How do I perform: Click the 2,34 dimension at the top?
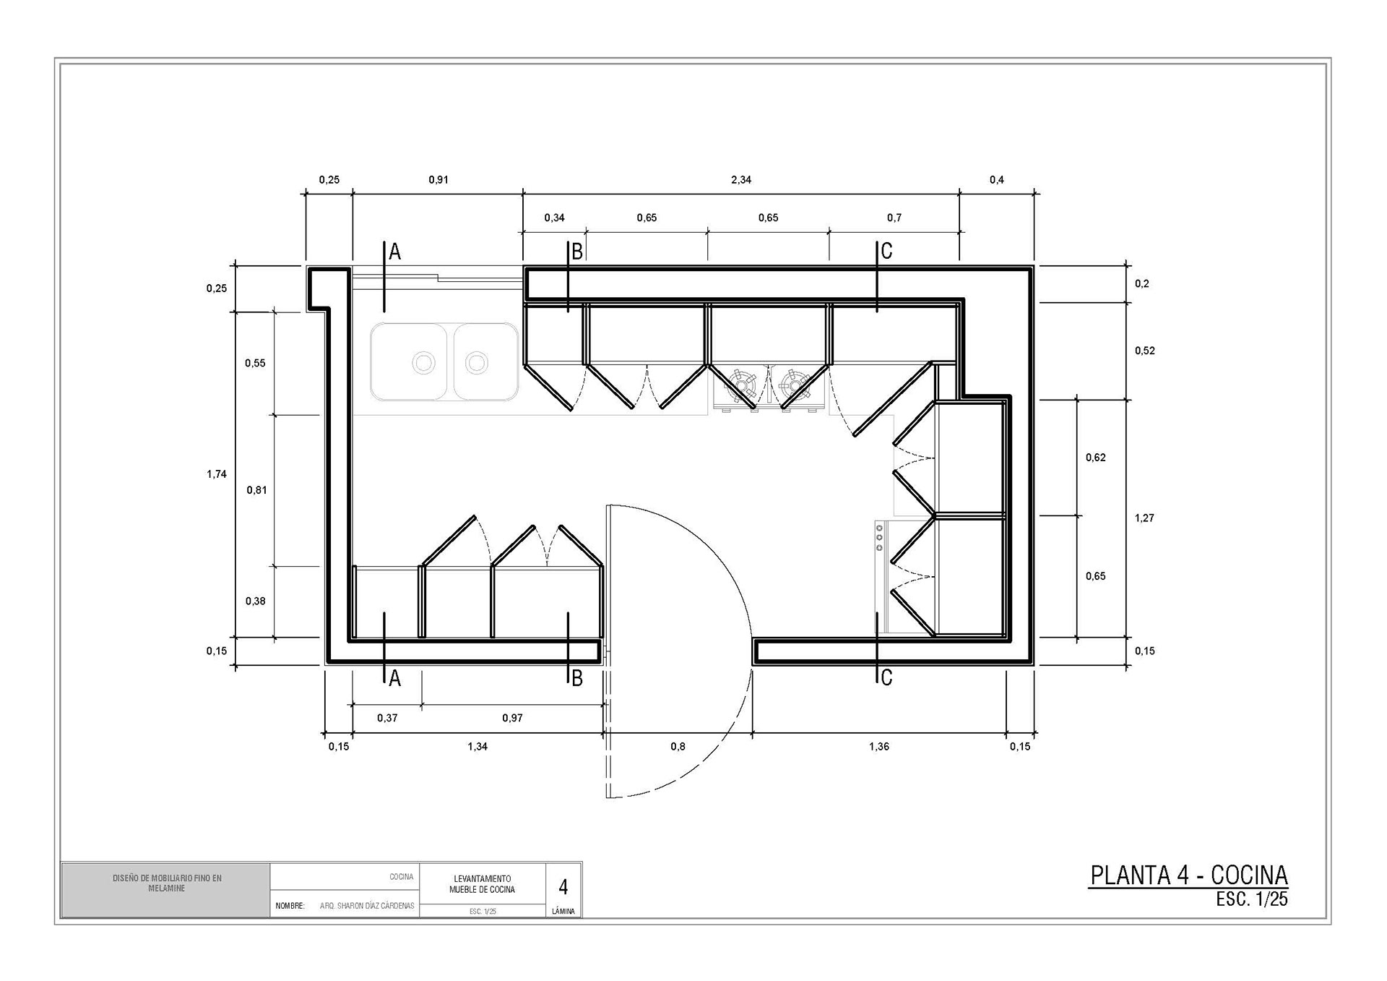tap(741, 180)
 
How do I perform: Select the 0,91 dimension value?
tap(438, 180)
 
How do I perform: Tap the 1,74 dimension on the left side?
tap(217, 474)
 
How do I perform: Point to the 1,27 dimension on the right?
tap(1144, 518)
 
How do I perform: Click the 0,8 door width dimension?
tap(678, 746)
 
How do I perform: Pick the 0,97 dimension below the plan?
tap(512, 718)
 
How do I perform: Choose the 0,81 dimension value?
tap(256, 490)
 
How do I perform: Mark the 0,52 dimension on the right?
tap(1144, 351)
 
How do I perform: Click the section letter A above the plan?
tap(394, 252)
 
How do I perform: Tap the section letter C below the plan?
tap(886, 677)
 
